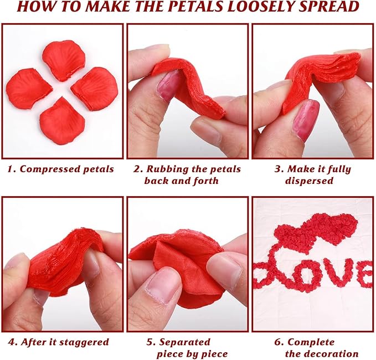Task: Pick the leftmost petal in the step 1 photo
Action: (28, 89)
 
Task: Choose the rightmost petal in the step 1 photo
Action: (94, 88)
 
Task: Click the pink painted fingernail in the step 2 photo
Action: (167, 86)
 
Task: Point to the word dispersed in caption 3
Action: (309, 181)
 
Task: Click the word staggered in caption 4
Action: (84, 342)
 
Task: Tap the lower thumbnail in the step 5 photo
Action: (163, 285)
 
